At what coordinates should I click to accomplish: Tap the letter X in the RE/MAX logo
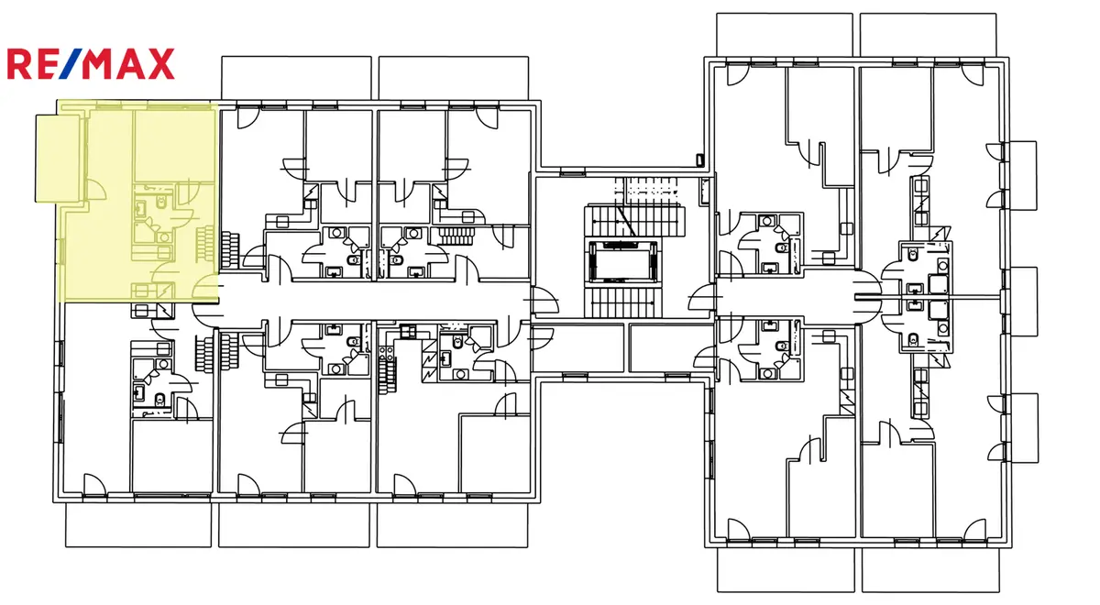tap(160, 63)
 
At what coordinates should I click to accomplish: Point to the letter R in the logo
tap(19, 63)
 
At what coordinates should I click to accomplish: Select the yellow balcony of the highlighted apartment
tap(58, 158)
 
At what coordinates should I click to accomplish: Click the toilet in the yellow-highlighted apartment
tap(161, 202)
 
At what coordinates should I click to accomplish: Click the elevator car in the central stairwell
tap(622, 260)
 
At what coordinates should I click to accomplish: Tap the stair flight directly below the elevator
tap(622, 302)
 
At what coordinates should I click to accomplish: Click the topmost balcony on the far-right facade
tap(1020, 175)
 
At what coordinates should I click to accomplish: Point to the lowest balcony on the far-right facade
tap(1021, 428)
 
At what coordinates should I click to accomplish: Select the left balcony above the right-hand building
tap(785, 35)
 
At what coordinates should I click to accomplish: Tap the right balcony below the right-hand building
tap(930, 569)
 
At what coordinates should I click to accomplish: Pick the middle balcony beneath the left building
tap(293, 525)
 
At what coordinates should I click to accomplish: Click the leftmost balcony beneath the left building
tap(138, 525)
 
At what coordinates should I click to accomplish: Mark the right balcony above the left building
tap(454, 78)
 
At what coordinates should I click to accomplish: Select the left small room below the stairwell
tap(578, 347)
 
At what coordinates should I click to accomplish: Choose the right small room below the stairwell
tap(671, 347)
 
